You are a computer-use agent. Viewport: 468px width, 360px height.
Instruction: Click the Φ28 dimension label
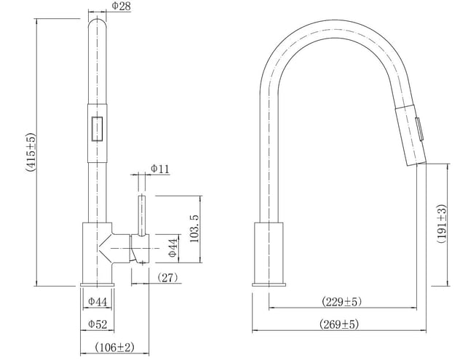[x=121, y=6]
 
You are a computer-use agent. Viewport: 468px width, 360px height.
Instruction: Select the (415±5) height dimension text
[x=31, y=153]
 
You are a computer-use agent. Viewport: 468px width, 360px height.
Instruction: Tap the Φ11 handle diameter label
[x=159, y=169]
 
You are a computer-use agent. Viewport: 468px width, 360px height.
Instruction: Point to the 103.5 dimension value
[x=194, y=228]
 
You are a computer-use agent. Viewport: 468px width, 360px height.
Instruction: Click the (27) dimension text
[x=167, y=278]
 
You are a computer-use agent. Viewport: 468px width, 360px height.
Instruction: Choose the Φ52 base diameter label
[x=98, y=324]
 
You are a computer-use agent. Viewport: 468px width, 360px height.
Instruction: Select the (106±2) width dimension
[x=114, y=347]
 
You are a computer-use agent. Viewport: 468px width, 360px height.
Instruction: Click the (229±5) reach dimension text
[x=342, y=302]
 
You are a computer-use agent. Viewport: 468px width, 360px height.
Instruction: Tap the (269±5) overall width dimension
[x=338, y=324]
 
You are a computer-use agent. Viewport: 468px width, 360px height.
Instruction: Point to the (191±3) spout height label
[x=443, y=224]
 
